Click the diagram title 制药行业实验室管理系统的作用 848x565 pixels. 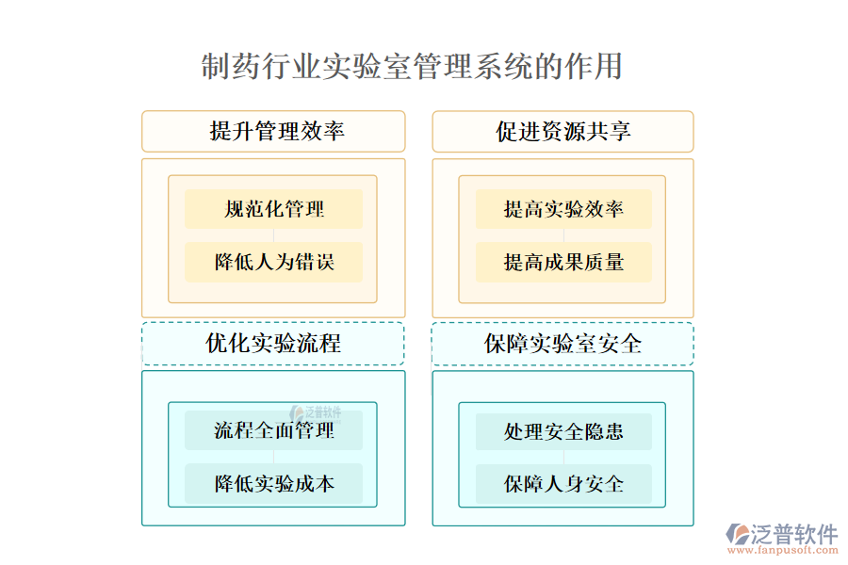coord(412,67)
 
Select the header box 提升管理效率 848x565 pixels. coord(273,131)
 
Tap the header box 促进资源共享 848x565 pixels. coord(563,131)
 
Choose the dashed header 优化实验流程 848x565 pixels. coord(273,344)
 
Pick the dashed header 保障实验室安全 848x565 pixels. coord(563,344)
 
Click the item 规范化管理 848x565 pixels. coord(273,209)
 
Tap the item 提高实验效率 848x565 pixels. coord(563,209)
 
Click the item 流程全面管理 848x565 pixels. coord(273,431)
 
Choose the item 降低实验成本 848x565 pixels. coord(273,484)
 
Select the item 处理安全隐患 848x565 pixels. coord(563,431)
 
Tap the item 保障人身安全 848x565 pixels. coord(563,484)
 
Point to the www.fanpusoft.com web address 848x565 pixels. coord(784,553)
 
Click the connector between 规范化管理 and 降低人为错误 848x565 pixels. coord(273,235)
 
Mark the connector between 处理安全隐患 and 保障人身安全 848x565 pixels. coord(563,458)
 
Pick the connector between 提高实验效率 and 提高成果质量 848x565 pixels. coord(563,235)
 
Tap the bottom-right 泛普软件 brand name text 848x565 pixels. coord(793,533)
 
